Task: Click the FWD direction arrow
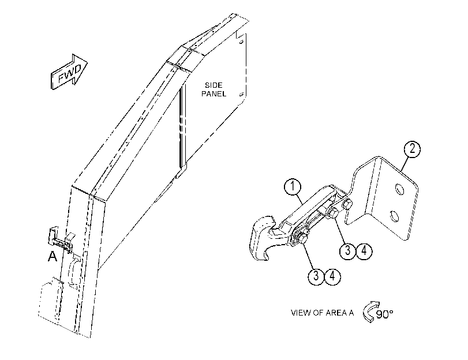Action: pyautogui.click(x=69, y=72)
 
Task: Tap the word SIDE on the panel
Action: pyautogui.click(x=214, y=85)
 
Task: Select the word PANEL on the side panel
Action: pyautogui.click(x=214, y=93)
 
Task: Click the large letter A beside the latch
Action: pyautogui.click(x=53, y=256)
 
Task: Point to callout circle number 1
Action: pyautogui.click(x=293, y=186)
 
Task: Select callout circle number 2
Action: pyautogui.click(x=412, y=149)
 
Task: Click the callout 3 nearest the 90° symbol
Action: pyautogui.click(x=316, y=276)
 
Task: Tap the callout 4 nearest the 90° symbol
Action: pyautogui.click(x=332, y=276)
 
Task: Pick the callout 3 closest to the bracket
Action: pyautogui.click(x=348, y=251)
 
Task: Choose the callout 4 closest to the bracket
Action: pyautogui.click(x=364, y=251)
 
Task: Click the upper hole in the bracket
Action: pyautogui.click(x=399, y=190)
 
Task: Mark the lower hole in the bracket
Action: pyautogui.click(x=394, y=216)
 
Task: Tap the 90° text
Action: pyautogui.click(x=384, y=314)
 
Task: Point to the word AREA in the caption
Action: pyautogui.click(x=335, y=313)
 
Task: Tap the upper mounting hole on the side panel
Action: pyautogui.click(x=241, y=42)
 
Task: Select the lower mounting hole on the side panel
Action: pyautogui.click(x=241, y=95)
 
